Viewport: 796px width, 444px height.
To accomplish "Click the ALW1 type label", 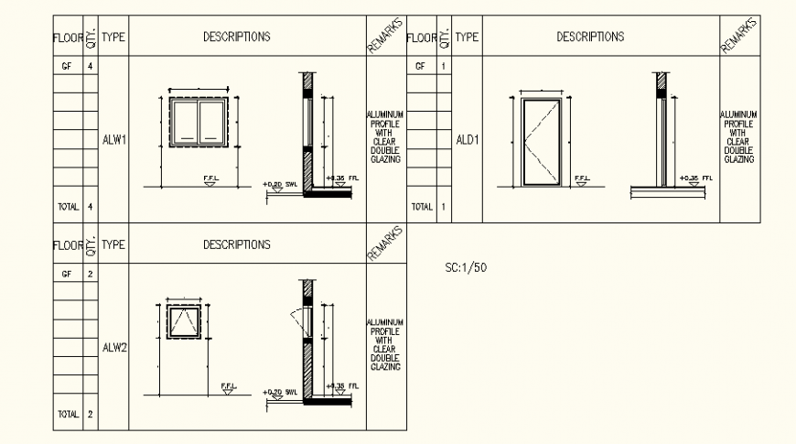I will [x=113, y=140].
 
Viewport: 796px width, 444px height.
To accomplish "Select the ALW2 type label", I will [x=113, y=348].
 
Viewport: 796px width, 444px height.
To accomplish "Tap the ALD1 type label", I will [x=468, y=140].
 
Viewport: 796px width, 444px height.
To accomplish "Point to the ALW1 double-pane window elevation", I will [x=198, y=123].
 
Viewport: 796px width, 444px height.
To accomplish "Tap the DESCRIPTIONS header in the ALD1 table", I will [x=590, y=38].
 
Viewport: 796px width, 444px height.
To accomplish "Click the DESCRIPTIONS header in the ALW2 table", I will [x=236, y=245].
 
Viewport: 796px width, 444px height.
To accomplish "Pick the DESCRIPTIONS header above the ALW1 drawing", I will [x=236, y=38].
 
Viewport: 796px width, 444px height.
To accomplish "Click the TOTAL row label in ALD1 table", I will [x=421, y=207].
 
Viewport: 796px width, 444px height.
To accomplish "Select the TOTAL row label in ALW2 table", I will [x=68, y=415].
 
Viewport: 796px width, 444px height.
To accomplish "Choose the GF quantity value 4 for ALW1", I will [x=90, y=67].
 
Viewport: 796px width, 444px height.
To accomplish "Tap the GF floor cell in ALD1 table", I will [x=421, y=67].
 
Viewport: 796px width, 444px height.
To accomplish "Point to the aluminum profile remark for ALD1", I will [x=739, y=137].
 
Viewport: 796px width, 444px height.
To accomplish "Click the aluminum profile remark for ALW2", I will [x=385, y=345].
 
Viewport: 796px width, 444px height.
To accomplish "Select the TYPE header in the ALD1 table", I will [x=468, y=38].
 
